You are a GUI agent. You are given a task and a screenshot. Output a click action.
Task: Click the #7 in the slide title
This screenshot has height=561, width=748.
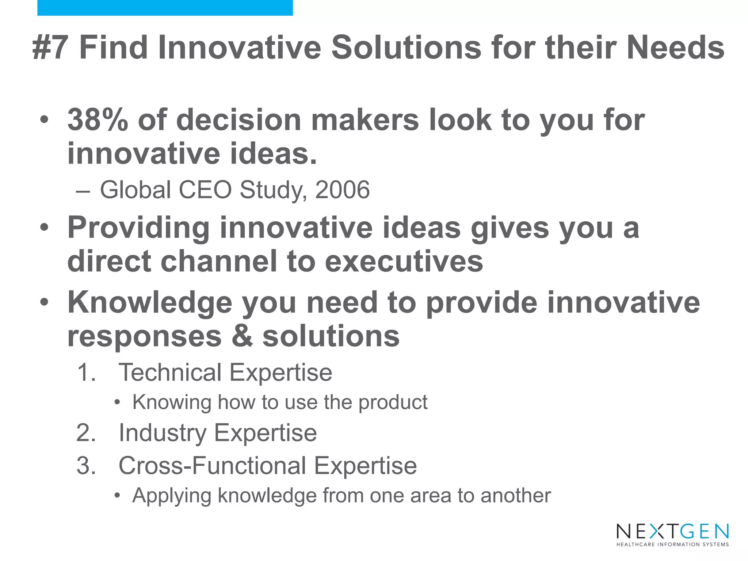(x=50, y=48)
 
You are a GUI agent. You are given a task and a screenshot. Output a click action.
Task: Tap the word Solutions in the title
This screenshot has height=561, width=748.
(x=406, y=48)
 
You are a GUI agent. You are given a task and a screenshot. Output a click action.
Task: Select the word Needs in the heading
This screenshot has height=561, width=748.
(x=675, y=48)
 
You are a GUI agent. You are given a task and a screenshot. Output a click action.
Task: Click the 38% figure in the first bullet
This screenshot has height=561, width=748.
(x=98, y=120)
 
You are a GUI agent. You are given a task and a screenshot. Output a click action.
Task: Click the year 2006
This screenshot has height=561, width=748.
(x=342, y=190)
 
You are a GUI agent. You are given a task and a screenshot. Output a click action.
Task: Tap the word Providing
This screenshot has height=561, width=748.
(x=138, y=228)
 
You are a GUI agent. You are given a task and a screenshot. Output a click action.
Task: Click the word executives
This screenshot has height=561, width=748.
(x=404, y=262)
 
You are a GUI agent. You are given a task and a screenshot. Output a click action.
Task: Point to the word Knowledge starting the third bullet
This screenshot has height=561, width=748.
(x=150, y=303)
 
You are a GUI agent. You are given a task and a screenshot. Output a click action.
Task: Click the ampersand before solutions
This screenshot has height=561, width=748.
(x=242, y=336)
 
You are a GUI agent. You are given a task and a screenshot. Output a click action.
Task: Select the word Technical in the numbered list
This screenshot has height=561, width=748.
(x=170, y=373)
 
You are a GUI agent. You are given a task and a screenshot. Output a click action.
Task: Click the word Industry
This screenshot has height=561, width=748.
(x=163, y=433)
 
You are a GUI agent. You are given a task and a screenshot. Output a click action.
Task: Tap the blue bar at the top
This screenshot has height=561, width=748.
(x=165, y=8)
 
